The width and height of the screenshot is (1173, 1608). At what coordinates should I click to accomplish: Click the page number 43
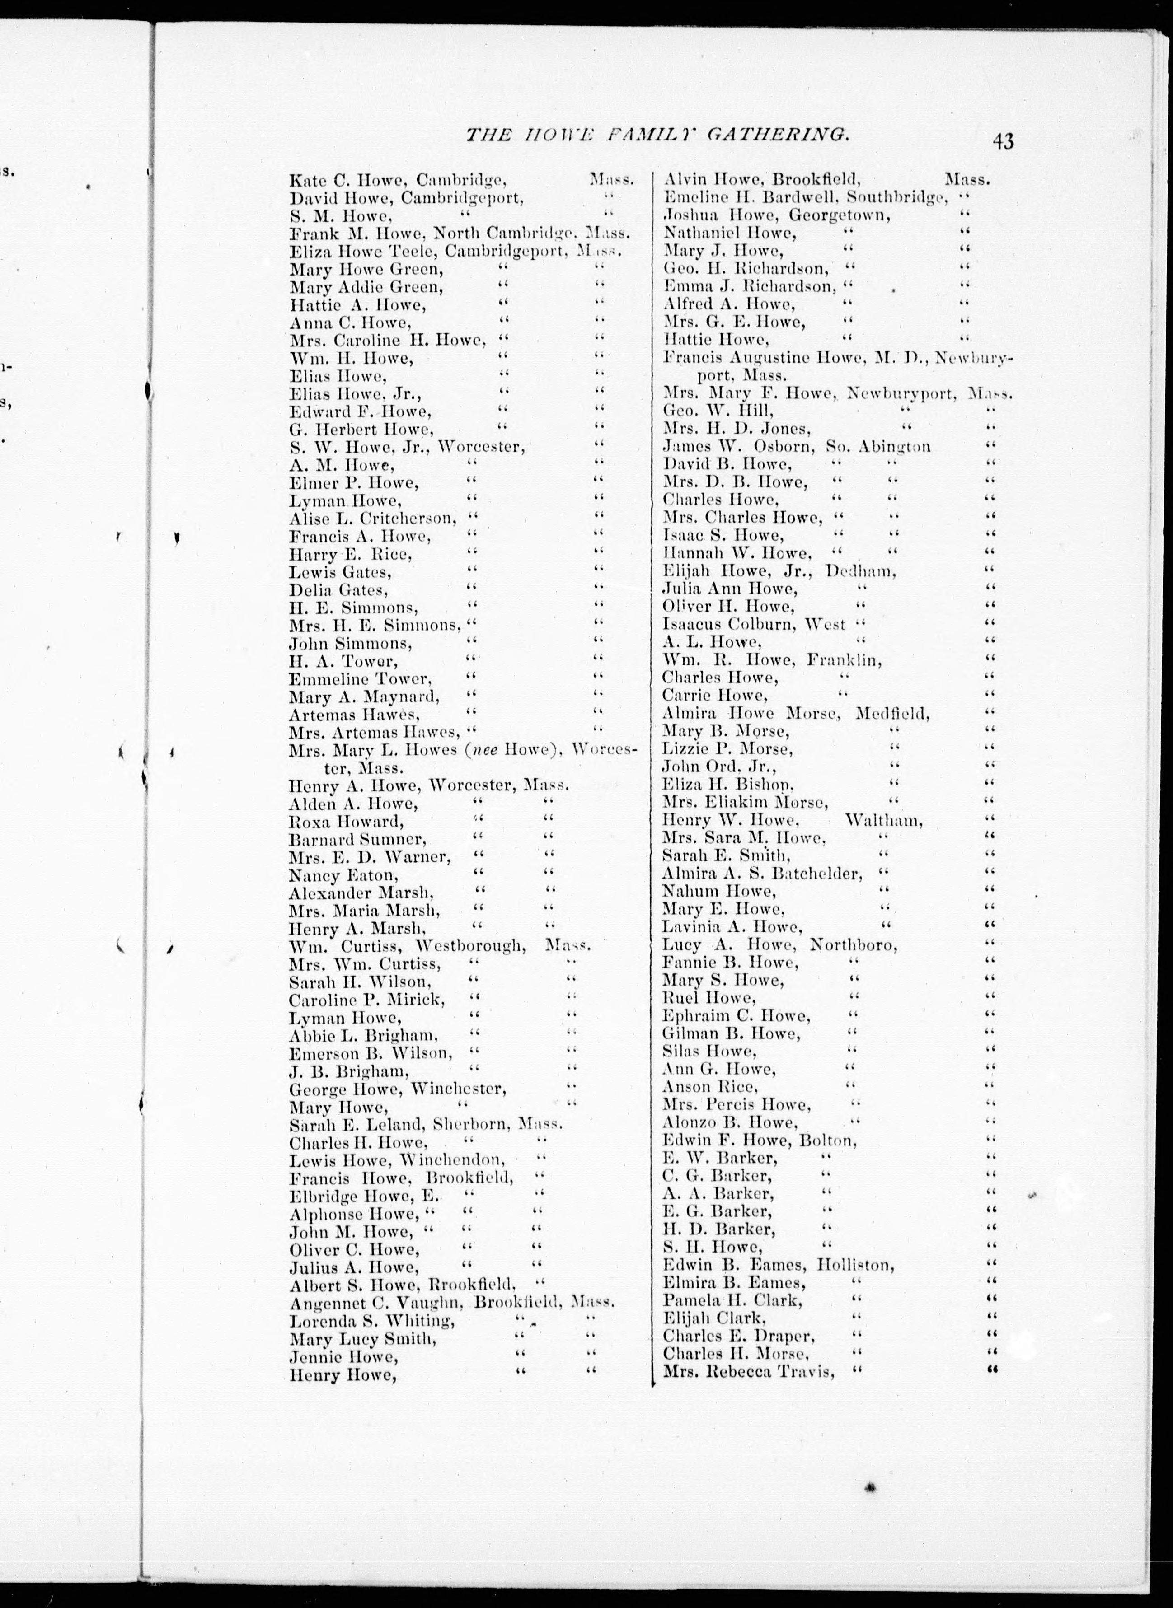pos(1003,141)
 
